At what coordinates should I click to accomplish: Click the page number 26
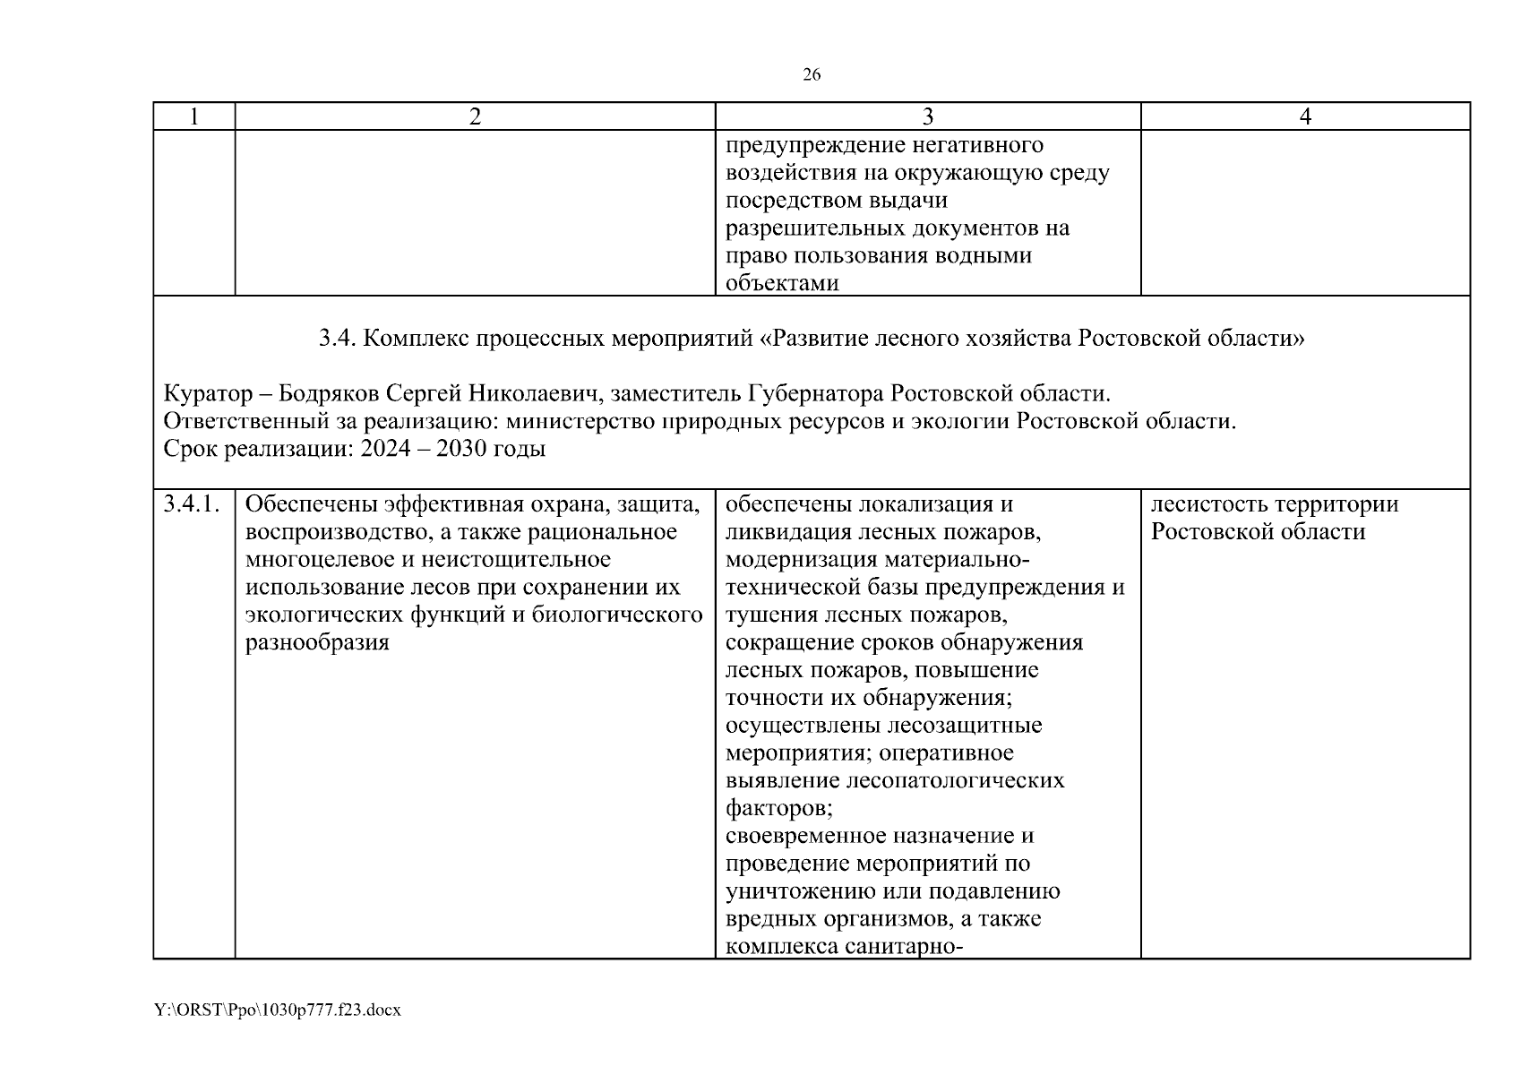pyautogui.click(x=811, y=75)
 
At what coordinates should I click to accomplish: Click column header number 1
pyautogui.click(x=194, y=116)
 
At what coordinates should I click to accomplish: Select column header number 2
pyautogui.click(x=475, y=116)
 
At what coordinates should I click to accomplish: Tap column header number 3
pyautogui.click(x=928, y=116)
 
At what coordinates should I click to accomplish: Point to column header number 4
pyautogui.click(x=1305, y=116)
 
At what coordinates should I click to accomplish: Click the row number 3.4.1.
pyautogui.click(x=193, y=504)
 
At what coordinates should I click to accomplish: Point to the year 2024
pyautogui.click(x=387, y=449)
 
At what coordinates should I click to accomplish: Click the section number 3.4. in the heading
pyautogui.click(x=339, y=339)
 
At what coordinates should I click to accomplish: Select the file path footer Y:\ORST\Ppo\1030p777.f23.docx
pyautogui.click(x=277, y=1010)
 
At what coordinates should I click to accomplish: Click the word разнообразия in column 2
pyautogui.click(x=317, y=642)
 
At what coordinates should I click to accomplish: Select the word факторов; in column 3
pyautogui.click(x=779, y=808)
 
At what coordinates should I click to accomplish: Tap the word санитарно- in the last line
pyautogui.click(x=904, y=947)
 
